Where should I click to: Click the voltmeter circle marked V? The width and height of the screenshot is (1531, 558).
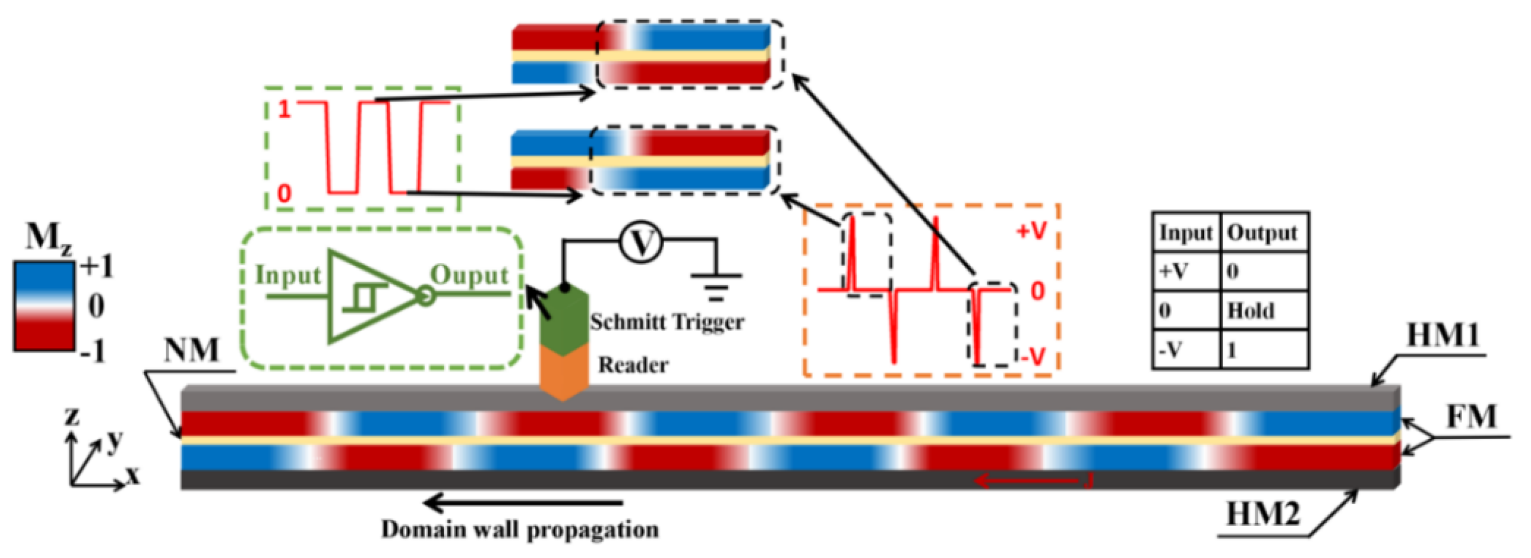pyautogui.click(x=641, y=243)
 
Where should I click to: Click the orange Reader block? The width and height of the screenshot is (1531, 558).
pyautogui.click(x=564, y=371)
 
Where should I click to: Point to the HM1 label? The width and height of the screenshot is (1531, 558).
pyautogui.click(x=1443, y=335)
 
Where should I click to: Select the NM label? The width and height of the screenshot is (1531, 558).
pyautogui.click(x=192, y=351)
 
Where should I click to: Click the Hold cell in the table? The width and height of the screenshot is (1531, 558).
pyautogui.click(x=1250, y=311)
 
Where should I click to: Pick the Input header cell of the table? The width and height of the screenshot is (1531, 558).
pyautogui.click(x=1185, y=233)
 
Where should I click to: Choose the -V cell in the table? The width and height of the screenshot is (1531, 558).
pyautogui.click(x=1170, y=350)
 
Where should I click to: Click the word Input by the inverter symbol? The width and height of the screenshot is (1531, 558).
pyautogui.click(x=288, y=276)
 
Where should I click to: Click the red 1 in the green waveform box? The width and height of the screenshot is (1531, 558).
pyautogui.click(x=284, y=110)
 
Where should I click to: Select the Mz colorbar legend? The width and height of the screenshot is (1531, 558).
pyautogui.click(x=44, y=306)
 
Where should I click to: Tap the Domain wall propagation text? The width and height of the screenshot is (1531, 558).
pyautogui.click(x=519, y=529)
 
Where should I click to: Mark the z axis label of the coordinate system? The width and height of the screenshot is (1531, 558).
pyautogui.click(x=72, y=417)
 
